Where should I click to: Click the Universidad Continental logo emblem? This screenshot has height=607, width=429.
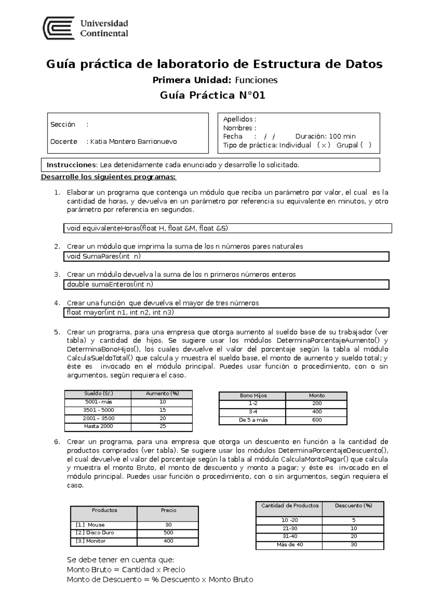point(59,28)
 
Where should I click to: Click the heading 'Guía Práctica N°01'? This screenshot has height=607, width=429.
point(213,95)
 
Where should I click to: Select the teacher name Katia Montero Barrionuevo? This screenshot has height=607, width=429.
point(133,142)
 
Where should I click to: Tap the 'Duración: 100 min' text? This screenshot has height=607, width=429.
point(325,136)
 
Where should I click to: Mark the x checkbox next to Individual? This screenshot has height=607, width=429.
point(324,145)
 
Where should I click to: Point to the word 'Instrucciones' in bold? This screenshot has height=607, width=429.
point(71,165)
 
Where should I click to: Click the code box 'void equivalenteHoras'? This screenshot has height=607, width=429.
point(227,228)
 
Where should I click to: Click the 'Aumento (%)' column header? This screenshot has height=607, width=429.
point(162,394)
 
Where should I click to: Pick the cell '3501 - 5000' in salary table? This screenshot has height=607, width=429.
point(98,410)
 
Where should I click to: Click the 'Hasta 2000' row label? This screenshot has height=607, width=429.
point(98,426)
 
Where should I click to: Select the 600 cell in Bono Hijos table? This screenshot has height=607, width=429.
point(317,420)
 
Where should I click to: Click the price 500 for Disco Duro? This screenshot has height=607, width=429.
point(168,533)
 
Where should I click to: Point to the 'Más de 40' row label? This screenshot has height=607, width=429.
point(290,544)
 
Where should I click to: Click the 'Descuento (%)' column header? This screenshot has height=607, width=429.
point(353,505)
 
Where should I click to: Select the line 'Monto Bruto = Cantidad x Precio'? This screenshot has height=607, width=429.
point(126,569)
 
